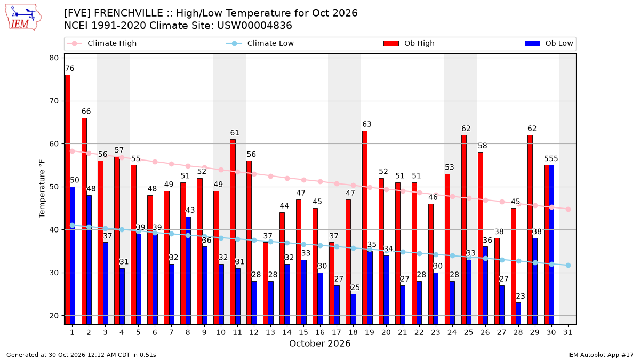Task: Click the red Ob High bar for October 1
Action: tap(68, 199)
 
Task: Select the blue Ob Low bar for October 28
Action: tap(518, 314)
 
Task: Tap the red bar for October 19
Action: tap(365, 227)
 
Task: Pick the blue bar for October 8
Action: tap(188, 270)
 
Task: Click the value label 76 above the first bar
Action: tap(70, 69)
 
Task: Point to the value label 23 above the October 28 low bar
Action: tap(521, 296)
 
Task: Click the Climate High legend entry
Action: tap(102, 43)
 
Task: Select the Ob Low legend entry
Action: tap(549, 43)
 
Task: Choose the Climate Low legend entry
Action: tap(260, 43)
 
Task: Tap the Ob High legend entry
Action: tap(409, 43)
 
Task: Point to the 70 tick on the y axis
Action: tap(54, 101)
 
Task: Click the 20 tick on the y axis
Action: tap(54, 316)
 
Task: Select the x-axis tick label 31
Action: tap(567, 332)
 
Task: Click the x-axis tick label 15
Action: tap(303, 332)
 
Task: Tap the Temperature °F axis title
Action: tap(42, 189)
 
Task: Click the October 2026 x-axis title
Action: tap(319, 343)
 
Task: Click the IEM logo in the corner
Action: tap(23, 18)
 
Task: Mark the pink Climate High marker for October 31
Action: tap(569, 209)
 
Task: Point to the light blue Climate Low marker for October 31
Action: tap(569, 266)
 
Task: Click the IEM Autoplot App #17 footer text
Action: tap(601, 355)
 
